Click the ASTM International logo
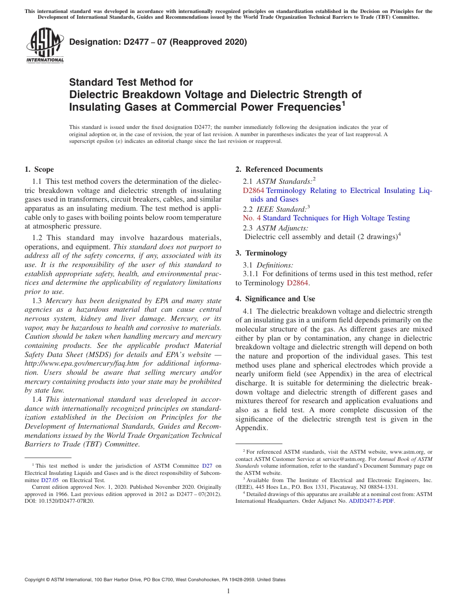(45, 46)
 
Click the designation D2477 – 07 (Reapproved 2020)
(158, 42)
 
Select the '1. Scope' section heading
(39, 169)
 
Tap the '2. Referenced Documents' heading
(279, 169)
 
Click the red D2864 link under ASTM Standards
(253, 191)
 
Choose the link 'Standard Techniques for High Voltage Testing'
(336, 218)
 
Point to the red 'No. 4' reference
(252, 218)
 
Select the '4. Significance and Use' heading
(275, 299)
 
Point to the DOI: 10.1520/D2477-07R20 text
(59, 501)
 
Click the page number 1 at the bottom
(228, 591)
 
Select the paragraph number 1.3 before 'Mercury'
(38, 301)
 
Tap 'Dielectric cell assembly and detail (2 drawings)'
(321, 236)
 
